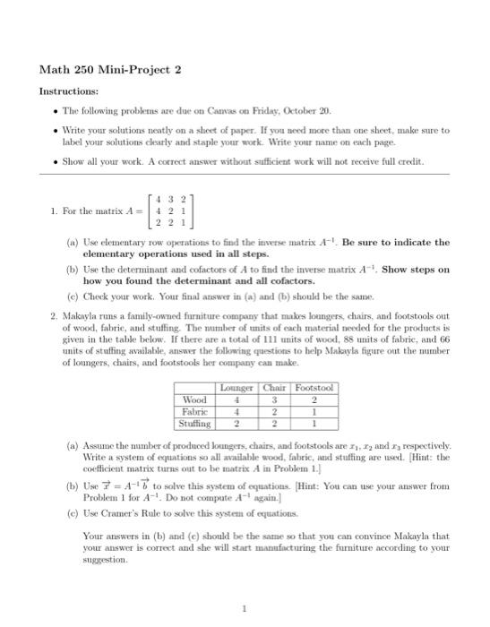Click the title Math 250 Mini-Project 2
pos(110,70)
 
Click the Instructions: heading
pos(68,91)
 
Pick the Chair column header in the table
pos(274,388)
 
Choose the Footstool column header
pos(314,388)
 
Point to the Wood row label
pos(193,399)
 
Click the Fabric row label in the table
pos(195,411)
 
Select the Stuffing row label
pos(196,423)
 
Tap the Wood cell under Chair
pos(274,399)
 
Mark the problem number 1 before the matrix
pos(55,211)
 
